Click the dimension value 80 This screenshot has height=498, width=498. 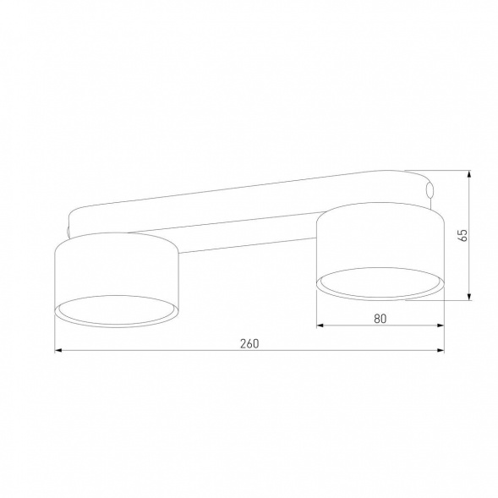pyautogui.click(x=379, y=318)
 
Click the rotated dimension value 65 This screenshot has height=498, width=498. pyautogui.click(x=462, y=235)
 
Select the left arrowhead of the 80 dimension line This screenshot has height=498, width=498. pyautogui.click(x=320, y=326)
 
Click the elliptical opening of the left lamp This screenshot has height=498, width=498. pyautogui.click(x=117, y=310)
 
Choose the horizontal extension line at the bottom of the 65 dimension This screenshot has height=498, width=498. pyautogui.click(x=440, y=300)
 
